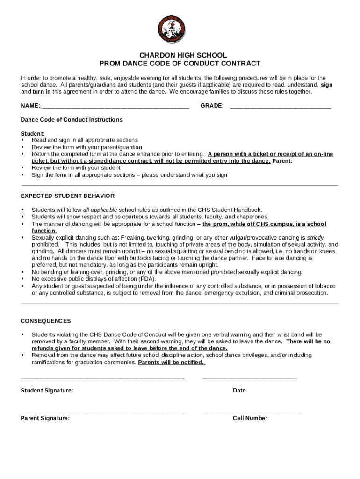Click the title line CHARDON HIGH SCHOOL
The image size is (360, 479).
point(180,55)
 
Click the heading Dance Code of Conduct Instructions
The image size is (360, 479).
point(72,120)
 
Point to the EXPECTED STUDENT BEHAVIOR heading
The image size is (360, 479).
point(67,196)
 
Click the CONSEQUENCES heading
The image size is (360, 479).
point(46,321)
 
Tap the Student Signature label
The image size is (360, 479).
point(47,391)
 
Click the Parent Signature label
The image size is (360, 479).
point(45,418)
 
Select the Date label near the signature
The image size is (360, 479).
point(239,391)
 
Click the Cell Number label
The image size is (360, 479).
point(250,418)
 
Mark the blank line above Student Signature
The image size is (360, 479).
point(103,377)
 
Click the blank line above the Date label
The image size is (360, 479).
point(250,377)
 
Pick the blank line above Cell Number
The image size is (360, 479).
point(252,414)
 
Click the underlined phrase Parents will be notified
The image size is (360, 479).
point(171,363)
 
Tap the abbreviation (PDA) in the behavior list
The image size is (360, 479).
point(147,279)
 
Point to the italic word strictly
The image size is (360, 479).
point(315,238)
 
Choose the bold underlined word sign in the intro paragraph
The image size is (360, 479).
point(326,85)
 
